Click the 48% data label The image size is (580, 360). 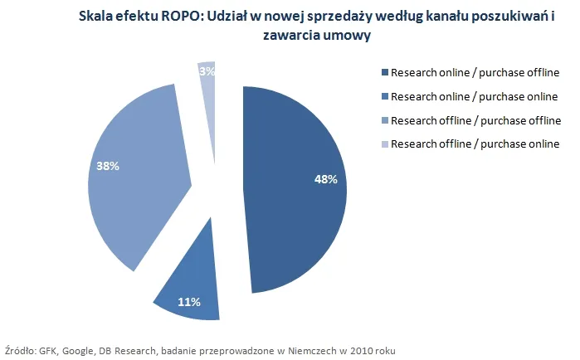point(325,180)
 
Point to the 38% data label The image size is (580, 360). point(108,166)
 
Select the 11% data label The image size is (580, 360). point(189,302)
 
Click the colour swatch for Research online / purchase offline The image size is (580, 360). point(384,72)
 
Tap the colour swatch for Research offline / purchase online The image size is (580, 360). point(384,144)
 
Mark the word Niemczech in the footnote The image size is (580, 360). point(309,351)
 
